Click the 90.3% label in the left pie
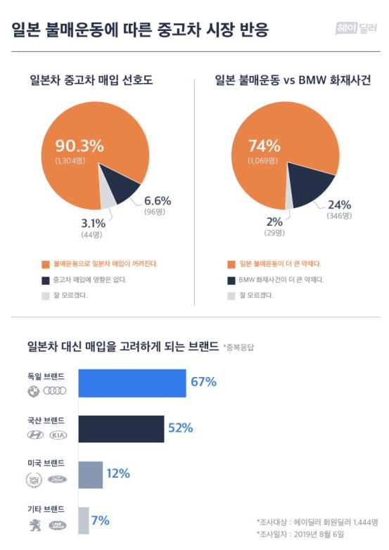click(x=79, y=145)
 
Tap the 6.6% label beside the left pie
click(x=158, y=200)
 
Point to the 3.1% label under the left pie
click(x=93, y=223)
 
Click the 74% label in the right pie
click(x=264, y=146)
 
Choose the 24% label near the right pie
click(x=339, y=205)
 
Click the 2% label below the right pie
click(x=274, y=222)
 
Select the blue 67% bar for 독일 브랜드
click(x=132, y=383)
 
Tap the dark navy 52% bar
click(x=122, y=428)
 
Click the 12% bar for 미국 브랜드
click(x=91, y=475)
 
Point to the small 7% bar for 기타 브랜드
click(x=84, y=520)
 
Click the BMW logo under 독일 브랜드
click(x=33, y=391)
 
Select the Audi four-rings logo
click(x=55, y=391)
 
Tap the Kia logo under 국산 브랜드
click(x=58, y=435)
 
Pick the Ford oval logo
click(x=57, y=480)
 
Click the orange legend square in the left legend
click(x=46, y=264)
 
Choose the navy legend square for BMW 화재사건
click(x=231, y=281)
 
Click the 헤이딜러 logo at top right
click(x=357, y=28)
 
